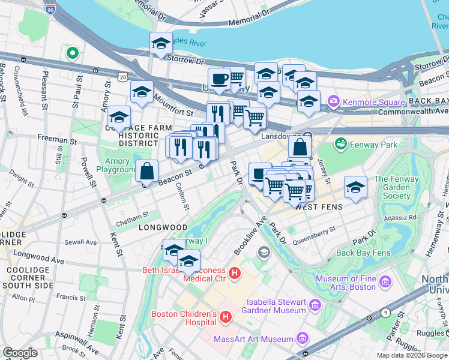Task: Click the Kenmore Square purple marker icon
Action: point(334,101)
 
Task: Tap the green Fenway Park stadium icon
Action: point(341,144)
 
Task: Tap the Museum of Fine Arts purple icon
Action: point(385,281)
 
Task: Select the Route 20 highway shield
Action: point(123,77)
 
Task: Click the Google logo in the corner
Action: point(20,353)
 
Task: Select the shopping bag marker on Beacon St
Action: point(147,172)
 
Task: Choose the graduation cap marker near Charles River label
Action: point(161,44)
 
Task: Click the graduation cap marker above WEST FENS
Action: point(355,187)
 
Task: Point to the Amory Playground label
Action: point(118,166)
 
